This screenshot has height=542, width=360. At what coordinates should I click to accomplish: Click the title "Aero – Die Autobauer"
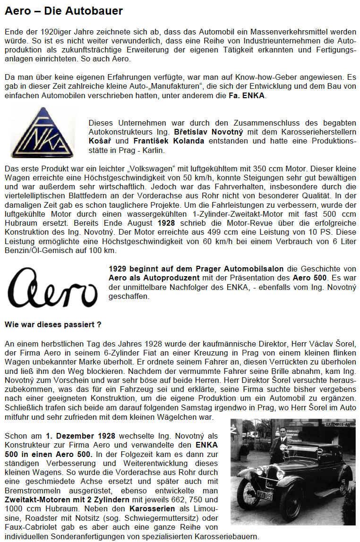64,10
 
